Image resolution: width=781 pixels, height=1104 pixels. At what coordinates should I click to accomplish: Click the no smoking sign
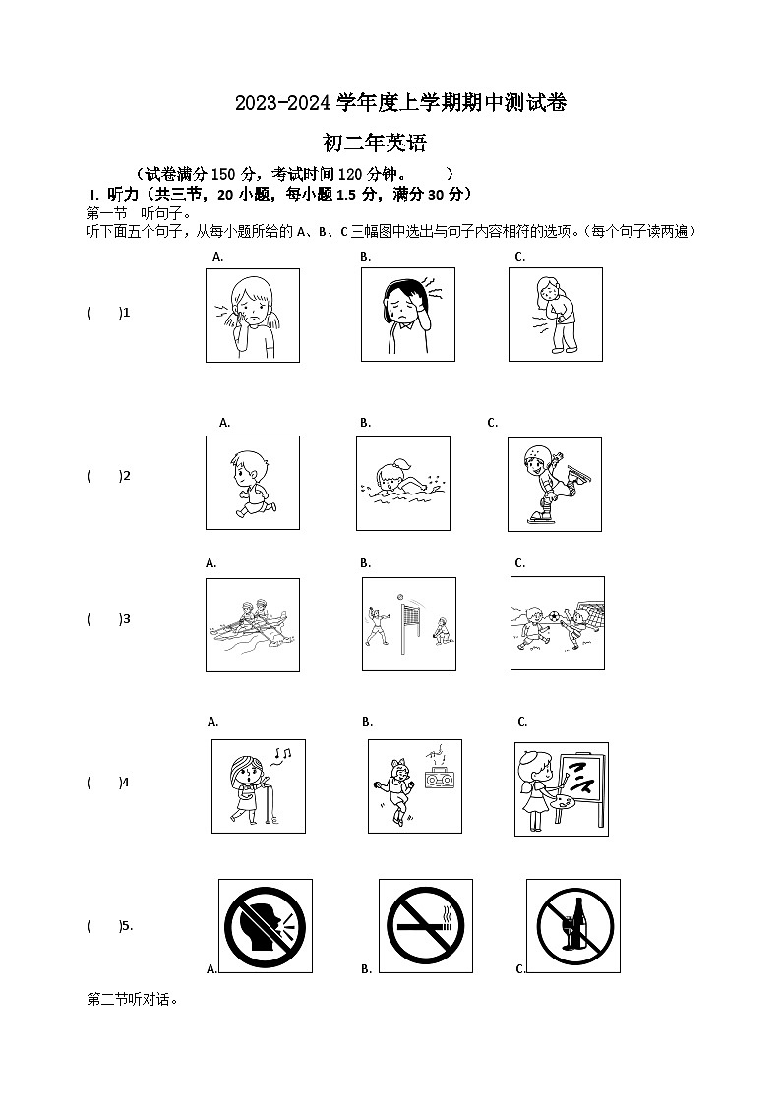425,925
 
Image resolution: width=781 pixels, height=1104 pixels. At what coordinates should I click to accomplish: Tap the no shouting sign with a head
265,925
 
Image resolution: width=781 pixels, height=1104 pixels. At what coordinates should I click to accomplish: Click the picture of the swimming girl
402,484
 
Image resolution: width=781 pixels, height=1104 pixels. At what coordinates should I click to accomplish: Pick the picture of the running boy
252,483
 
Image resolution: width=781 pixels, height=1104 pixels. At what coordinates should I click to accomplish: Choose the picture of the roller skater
554,484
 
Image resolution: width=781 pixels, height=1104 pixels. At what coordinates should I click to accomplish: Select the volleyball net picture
408,624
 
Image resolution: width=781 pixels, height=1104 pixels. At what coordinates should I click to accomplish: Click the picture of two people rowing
252,624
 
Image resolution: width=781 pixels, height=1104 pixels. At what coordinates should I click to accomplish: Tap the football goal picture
558,623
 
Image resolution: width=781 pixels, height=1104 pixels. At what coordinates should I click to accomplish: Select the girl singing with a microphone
258,785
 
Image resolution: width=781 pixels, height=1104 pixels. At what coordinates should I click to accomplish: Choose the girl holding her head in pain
407,314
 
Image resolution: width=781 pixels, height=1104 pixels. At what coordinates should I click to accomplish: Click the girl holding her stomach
555,315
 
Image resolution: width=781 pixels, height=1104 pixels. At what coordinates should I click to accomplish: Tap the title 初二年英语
375,144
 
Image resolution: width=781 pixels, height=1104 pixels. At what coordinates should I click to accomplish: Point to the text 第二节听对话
133,1000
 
